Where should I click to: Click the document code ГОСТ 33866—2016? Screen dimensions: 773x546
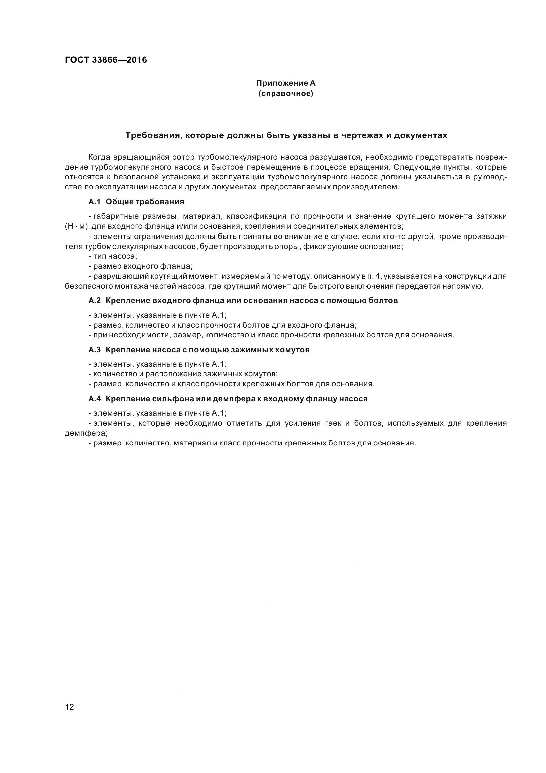106,60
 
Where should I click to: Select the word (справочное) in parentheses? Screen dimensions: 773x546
286,93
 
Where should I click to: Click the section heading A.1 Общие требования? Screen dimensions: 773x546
136,202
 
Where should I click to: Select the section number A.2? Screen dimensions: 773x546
94,300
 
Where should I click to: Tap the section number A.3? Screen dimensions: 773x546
94,349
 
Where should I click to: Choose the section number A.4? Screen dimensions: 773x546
94,399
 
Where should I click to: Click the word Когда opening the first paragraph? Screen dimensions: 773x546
99,157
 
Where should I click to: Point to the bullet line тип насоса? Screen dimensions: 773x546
113,256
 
